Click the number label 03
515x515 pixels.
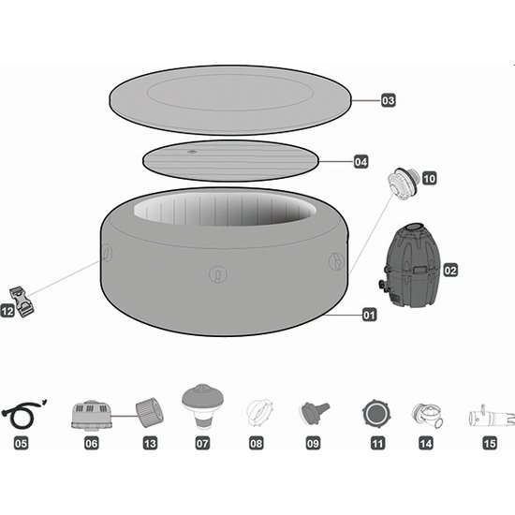pyautogui.click(x=389, y=100)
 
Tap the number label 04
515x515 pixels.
pyautogui.click(x=360, y=162)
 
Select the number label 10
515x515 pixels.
pyautogui.click(x=429, y=179)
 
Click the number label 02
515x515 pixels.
pyautogui.click(x=450, y=271)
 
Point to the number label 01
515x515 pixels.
pyautogui.click(x=369, y=315)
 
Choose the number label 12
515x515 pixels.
pyautogui.click(x=7, y=311)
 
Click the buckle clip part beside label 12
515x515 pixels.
pyautogui.click(x=22, y=302)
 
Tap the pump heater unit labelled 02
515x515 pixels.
pyautogui.click(x=409, y=265)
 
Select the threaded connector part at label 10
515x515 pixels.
pyautogui.click(x=402, y=184)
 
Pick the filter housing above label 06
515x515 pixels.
pyautogui.click(x=92, y=416)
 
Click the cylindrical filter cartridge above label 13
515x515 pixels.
pyautogui.click(x=150, y=412)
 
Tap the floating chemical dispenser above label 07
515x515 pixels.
pyautogui.click(x=202, y=405)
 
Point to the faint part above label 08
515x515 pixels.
pyautogui.click(x=259, y=413)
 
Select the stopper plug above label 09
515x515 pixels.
pyautogui.click(x=315, y=412)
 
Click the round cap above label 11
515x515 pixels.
pyautogui.click(x=376, y=414)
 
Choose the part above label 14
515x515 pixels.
pyautogui.click(x=427, y=415)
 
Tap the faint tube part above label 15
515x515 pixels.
pyautogui.click(x=492, y=417)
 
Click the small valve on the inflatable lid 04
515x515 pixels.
pyautogui.click(x=192, y=152)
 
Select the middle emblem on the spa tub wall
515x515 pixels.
pyautogui.click(x=218, y=273)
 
